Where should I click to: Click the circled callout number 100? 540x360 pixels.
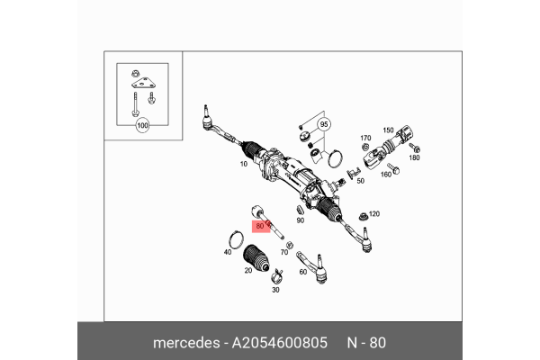(x=141, y=126)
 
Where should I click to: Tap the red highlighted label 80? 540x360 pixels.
(x=260, y=226)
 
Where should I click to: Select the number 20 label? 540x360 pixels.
(x=247, y=270)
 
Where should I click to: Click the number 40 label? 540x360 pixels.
(x=228, y=253)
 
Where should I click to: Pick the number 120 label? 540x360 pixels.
(x=374, y=214)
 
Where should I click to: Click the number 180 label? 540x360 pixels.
(x=414, y=157)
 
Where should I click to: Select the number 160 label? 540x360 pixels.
(x=385, y=174)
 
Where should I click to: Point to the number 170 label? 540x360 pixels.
(x=365, y=138)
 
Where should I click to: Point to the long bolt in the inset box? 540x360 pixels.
(x=131, y=101)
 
